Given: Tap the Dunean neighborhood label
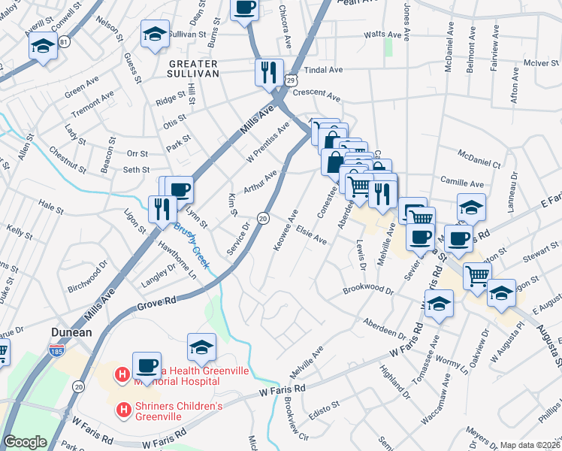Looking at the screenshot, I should click(x=71, y=331).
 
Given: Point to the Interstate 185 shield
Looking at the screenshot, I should click(x=55, y=350).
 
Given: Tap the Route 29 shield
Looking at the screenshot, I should click(x=291, y=79).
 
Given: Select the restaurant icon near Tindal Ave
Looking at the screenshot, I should click(x=268, y=72).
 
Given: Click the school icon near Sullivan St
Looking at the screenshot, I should click(x=155, y=34).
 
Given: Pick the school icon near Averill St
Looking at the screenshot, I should click(x=43, y=47).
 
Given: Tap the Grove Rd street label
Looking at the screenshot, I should click(x=157, y=303).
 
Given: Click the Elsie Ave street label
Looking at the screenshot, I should click(x=310, y=235).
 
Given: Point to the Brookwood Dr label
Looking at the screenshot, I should click(x=367, y=289).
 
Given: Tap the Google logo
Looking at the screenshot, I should click(x=25, y=442).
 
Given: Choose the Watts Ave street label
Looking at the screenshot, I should click(x=382, y=35).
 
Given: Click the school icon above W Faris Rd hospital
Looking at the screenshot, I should click(x=201, y=347).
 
